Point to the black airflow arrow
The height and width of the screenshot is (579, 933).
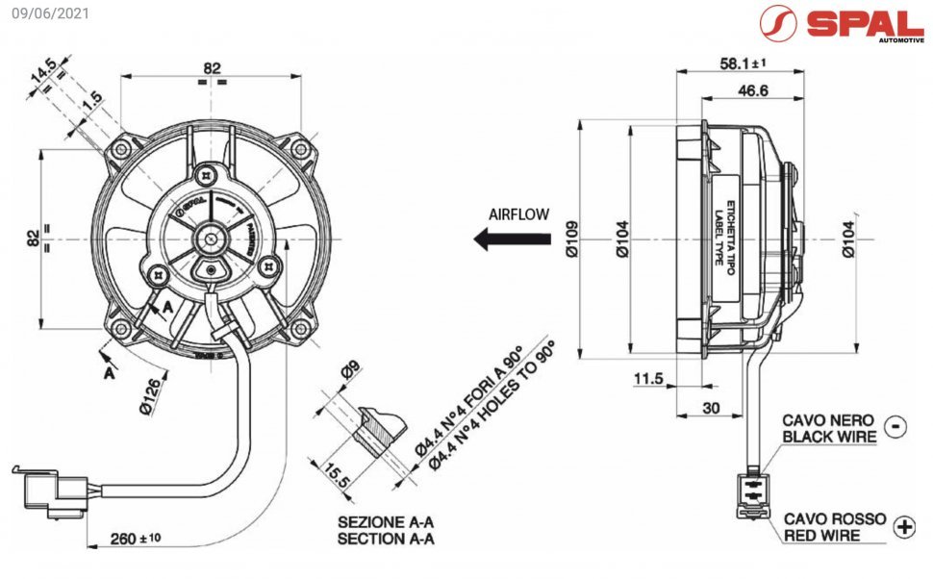point(499,239)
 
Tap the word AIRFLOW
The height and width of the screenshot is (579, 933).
point(518,214)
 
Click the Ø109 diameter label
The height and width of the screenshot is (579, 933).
point(570,239)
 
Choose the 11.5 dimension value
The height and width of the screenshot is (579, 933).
point(648,379)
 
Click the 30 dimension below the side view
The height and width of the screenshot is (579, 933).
point(710,408)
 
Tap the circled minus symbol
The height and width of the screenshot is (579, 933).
point(895,426)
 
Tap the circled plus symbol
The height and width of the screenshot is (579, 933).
point(904,526)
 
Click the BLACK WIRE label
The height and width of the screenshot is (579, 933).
point(829,437)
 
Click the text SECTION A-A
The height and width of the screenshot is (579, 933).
point(386,540)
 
